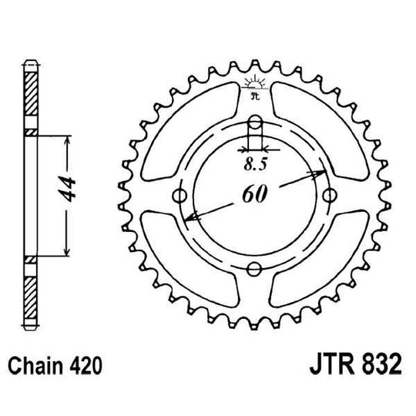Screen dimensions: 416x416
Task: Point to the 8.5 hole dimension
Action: click(x=254, y=163)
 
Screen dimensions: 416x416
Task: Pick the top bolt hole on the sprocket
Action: click(x=255, y=122)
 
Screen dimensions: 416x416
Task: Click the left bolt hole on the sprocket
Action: click(x=182, y=196)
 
